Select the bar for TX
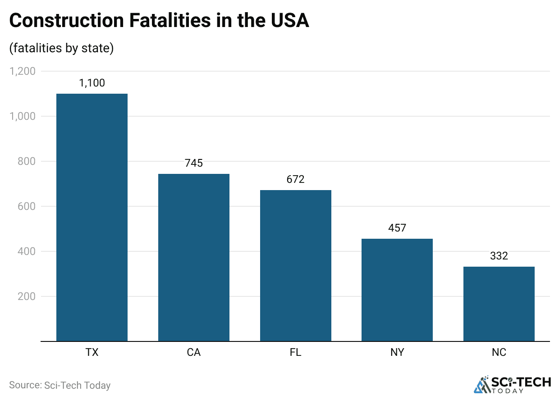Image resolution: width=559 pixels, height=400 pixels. click(x=92, y=217)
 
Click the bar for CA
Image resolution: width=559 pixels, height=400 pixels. click(x=194, y=257)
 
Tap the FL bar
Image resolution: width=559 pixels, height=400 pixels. click(x=296, y=265)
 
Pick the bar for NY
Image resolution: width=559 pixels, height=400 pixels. click(x=397, y=290)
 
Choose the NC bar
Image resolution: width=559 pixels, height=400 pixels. click(x=499, y=304)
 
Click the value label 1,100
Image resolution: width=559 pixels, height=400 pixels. click(x=92, y=83)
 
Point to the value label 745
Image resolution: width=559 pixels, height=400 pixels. click(x=194, y=163)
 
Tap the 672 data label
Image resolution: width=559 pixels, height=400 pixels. click(x=296, y=179)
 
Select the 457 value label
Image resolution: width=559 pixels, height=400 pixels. click(x=397, y=228)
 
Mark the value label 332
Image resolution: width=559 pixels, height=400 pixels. click(x=499, y=256)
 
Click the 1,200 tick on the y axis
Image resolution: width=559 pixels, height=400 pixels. click(x=23, y=71)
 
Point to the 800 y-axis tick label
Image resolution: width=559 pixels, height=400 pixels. click(x=26, y=161)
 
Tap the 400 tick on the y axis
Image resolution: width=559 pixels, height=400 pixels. click(x=26, y=251)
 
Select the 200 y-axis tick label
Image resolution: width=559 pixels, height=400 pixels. click(x=26, y=296)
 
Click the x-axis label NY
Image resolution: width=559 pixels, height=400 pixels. click(x=397, y=352)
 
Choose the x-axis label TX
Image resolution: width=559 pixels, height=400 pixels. click(x=92, y=352)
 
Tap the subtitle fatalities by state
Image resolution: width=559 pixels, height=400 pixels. click(x=61, y=48)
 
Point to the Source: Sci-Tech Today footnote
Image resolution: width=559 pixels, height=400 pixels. click(x=60, y=385)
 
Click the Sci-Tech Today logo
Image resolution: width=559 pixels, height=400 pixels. click(x=513, y=384)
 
